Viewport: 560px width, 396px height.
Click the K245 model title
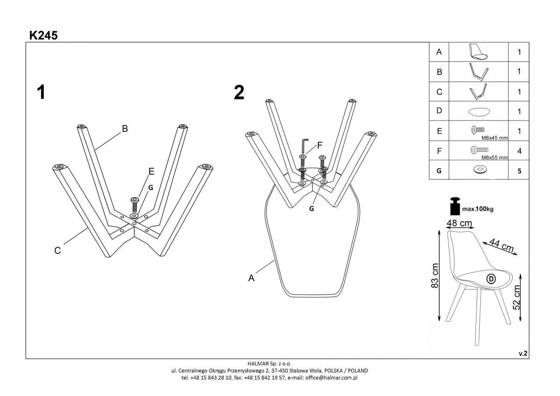tap(43, 35)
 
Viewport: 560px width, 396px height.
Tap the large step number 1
tap(41, 92)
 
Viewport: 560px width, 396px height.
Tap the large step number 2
tap(239, 92)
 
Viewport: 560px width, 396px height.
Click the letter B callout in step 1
tap(125, 128)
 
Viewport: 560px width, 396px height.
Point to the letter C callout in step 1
tap(57, 250)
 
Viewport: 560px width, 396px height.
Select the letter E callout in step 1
tap(151, 171)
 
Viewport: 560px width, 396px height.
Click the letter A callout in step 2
tap(251, 278)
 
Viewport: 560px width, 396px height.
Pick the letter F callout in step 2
tap(320, 145)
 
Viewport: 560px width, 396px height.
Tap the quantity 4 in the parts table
tap(519, 151)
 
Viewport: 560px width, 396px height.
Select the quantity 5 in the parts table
tap(519, 171)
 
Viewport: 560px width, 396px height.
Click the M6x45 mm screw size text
tap(494, 138)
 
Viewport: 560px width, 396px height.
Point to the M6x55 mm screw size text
tap(494, 158)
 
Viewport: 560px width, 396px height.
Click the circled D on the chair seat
tap(491, 279)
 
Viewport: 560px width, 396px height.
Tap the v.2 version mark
tap(523, 354)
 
